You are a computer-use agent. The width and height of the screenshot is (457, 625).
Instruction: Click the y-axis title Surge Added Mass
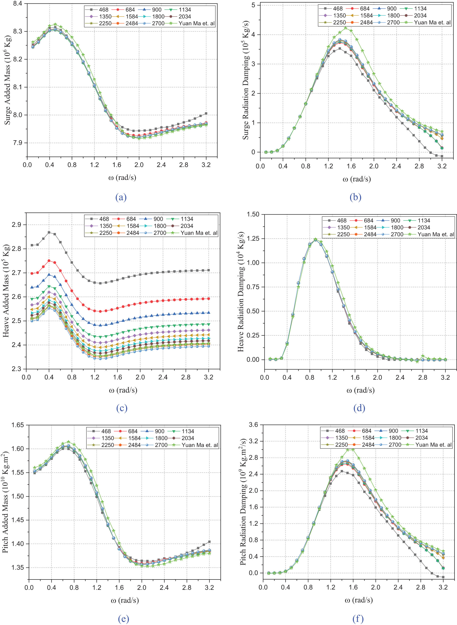click(x=7, y=80)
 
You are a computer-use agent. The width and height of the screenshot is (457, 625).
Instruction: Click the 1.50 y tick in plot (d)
click(x=253, y=214)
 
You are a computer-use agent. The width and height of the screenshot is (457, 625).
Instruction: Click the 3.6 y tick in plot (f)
click(x=253, y=424)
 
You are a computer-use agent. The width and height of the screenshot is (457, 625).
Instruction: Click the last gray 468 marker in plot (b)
click(x=442, y=156)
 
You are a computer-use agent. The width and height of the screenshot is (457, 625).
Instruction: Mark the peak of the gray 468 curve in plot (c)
click(x=49, y=232)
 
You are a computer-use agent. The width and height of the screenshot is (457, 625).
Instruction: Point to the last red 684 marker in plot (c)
click(x=209, y=299)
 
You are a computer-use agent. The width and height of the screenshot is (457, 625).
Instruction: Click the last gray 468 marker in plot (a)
click(x=206, y=113)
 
